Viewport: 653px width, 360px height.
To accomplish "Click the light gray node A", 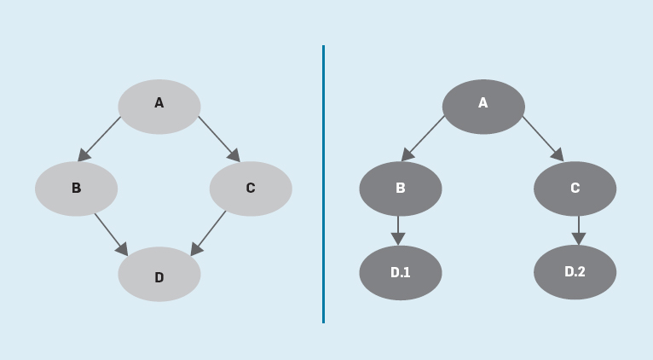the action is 159,107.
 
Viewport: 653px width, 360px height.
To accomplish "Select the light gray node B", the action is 76,189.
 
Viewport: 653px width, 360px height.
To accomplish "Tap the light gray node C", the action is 251,189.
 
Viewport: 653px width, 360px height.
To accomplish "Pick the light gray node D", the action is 159,274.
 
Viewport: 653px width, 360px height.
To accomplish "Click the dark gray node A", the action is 483,107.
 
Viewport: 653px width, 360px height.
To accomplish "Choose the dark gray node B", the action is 401,189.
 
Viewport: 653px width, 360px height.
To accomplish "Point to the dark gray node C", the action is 575,189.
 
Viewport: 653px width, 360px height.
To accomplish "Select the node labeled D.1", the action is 401,273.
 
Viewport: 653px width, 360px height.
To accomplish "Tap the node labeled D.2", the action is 575,272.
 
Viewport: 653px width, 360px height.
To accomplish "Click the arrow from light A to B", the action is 99,139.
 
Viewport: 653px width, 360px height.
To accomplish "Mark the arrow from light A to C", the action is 219,139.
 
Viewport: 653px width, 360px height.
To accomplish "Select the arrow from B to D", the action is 111,235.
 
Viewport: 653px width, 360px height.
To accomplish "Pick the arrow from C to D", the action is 208,234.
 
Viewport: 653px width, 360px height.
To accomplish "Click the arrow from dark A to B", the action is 423,139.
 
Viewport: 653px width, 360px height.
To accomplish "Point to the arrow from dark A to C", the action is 543,139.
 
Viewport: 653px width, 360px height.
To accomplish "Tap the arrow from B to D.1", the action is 398,230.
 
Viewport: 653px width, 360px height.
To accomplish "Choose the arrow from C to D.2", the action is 579,230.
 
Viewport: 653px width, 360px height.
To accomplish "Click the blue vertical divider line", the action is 324,184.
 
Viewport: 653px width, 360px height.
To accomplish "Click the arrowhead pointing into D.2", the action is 579,239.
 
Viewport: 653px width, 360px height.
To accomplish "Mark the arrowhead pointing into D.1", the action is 398,239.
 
